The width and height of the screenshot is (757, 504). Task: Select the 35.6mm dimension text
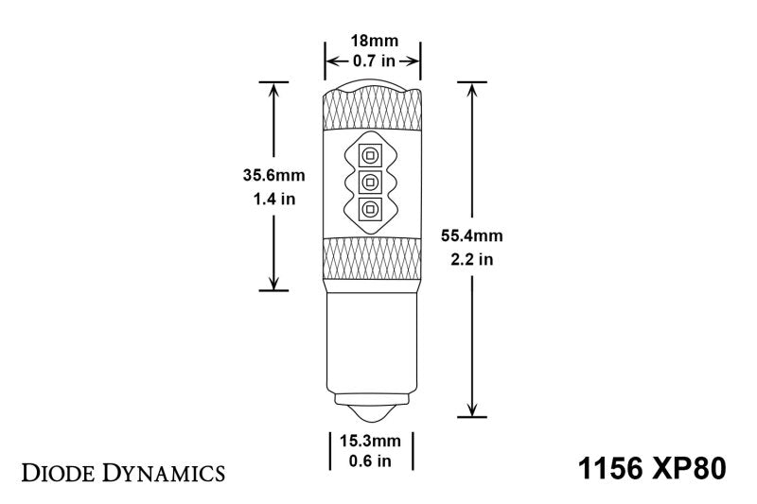[x=274, y=174]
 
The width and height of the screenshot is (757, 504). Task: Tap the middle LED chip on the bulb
[x=371, y=182]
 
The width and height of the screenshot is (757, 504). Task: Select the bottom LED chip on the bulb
[x=371, y=209]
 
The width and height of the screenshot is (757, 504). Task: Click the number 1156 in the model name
[x=611, y=469]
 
